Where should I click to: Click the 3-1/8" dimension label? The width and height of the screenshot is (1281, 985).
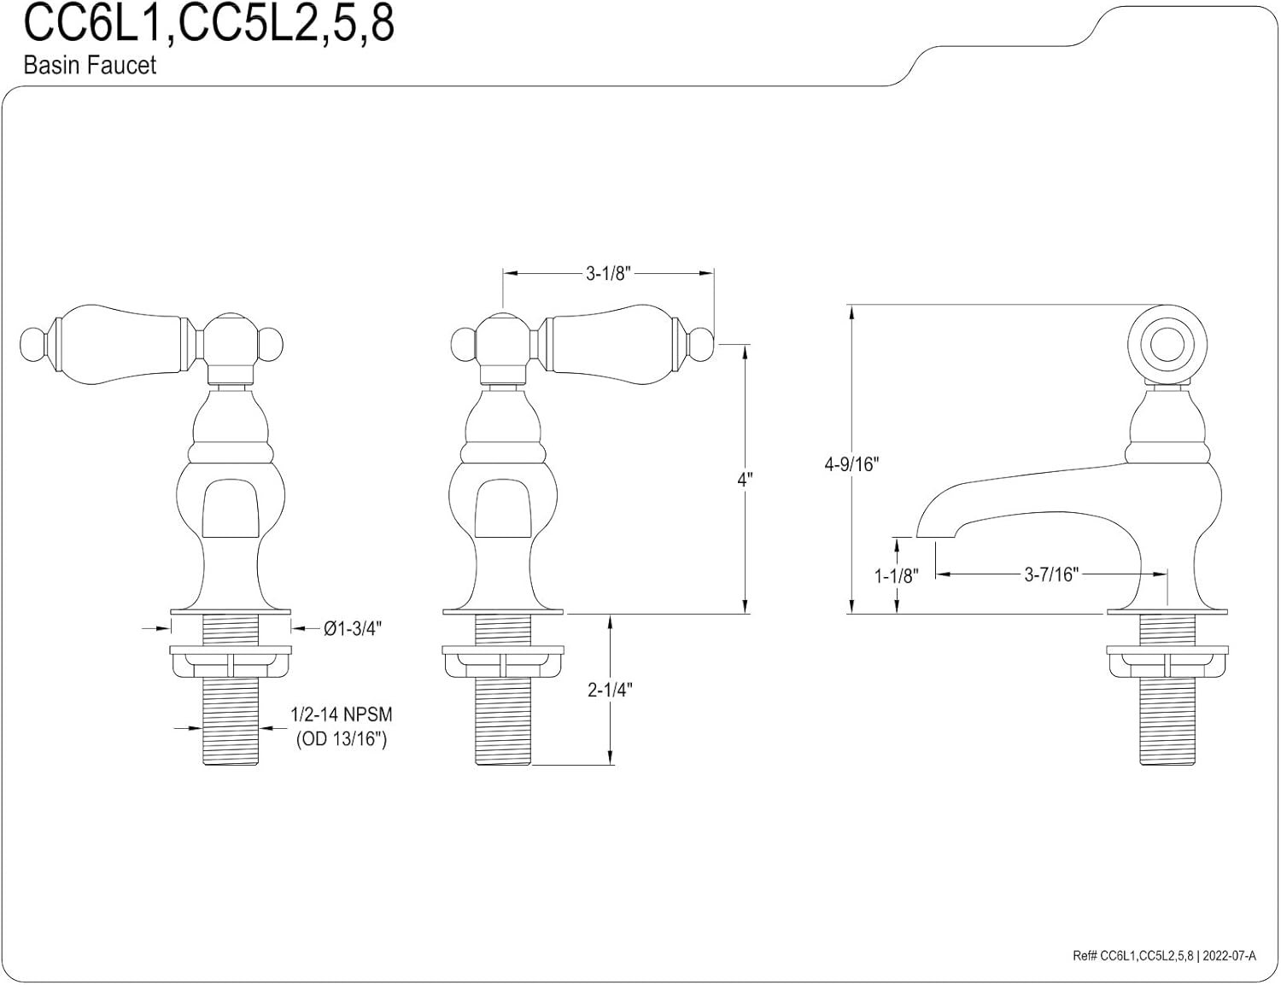coord(607,273)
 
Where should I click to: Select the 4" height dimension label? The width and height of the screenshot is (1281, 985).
coord(746,479)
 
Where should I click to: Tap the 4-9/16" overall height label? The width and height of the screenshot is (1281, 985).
coord(851,464)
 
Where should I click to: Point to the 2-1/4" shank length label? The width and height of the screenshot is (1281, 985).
coord(610,690)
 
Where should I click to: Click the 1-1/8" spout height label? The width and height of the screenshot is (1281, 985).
coord(895,575)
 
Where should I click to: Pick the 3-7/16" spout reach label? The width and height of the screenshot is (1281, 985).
coord(1051,574)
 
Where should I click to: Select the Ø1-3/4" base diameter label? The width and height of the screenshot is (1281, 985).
coord(352,628)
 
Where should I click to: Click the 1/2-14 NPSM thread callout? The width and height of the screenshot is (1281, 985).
coord(342,714)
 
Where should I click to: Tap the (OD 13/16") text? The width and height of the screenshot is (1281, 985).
coord(342,739)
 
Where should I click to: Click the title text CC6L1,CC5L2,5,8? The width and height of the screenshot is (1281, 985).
coord(208,24)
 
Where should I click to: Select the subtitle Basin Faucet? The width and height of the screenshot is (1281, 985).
coord(90,66)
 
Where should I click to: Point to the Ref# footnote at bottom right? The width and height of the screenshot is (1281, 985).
coord(1164,956)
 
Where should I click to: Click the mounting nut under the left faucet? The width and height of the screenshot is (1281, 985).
coord(231,661)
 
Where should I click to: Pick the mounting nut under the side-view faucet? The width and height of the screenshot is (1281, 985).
coord(1167,661)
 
